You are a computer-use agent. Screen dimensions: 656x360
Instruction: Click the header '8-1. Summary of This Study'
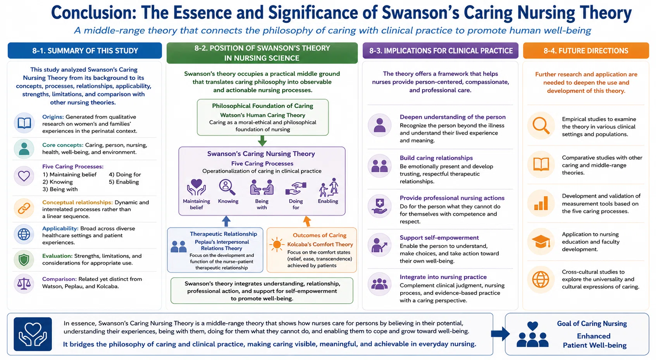click(x=85, y=51)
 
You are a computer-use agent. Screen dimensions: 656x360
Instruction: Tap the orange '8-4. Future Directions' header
click(x=586, y=51)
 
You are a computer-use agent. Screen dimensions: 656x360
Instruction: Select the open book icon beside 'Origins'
click(x=24, y=123)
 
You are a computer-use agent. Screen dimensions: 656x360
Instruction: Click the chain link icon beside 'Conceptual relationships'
click(x=24, y=208)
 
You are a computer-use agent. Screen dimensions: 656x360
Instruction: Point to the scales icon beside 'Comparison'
click(x=24, y=284)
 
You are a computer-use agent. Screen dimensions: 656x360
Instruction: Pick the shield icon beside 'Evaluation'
click(x=24, y=260)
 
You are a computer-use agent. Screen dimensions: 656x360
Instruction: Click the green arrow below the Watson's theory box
click(x=262, y=141)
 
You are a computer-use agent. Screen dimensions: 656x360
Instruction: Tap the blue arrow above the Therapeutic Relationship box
click(x=226, y=221)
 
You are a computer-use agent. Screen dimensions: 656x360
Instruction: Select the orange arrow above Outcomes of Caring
click(x=306, y=221)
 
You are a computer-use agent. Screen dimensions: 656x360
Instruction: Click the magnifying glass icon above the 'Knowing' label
click(x=227, y=187)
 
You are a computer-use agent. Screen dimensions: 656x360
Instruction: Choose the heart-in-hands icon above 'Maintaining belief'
click(x=196, y=187)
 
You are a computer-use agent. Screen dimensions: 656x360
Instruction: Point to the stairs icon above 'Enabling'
click(x=329, y=187)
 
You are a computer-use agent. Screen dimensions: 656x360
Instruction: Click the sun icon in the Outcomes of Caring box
click(x=276, y=245)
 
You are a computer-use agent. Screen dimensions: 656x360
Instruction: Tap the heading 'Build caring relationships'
click(x=436, y=158)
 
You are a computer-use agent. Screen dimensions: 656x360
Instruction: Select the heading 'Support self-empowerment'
click(x=439, y=238)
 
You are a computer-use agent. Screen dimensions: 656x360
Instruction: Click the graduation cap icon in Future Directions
click(x=541, y=242)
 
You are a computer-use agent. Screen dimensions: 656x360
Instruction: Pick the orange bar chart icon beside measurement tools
click(x=541, y=203)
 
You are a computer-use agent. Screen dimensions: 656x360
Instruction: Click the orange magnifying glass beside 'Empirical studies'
click(x=541, y=126)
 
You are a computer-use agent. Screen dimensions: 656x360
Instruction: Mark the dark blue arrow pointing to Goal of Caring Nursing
click(x=501, y=334)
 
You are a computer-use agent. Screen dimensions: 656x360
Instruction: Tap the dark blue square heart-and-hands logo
click(x=33, y=334)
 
